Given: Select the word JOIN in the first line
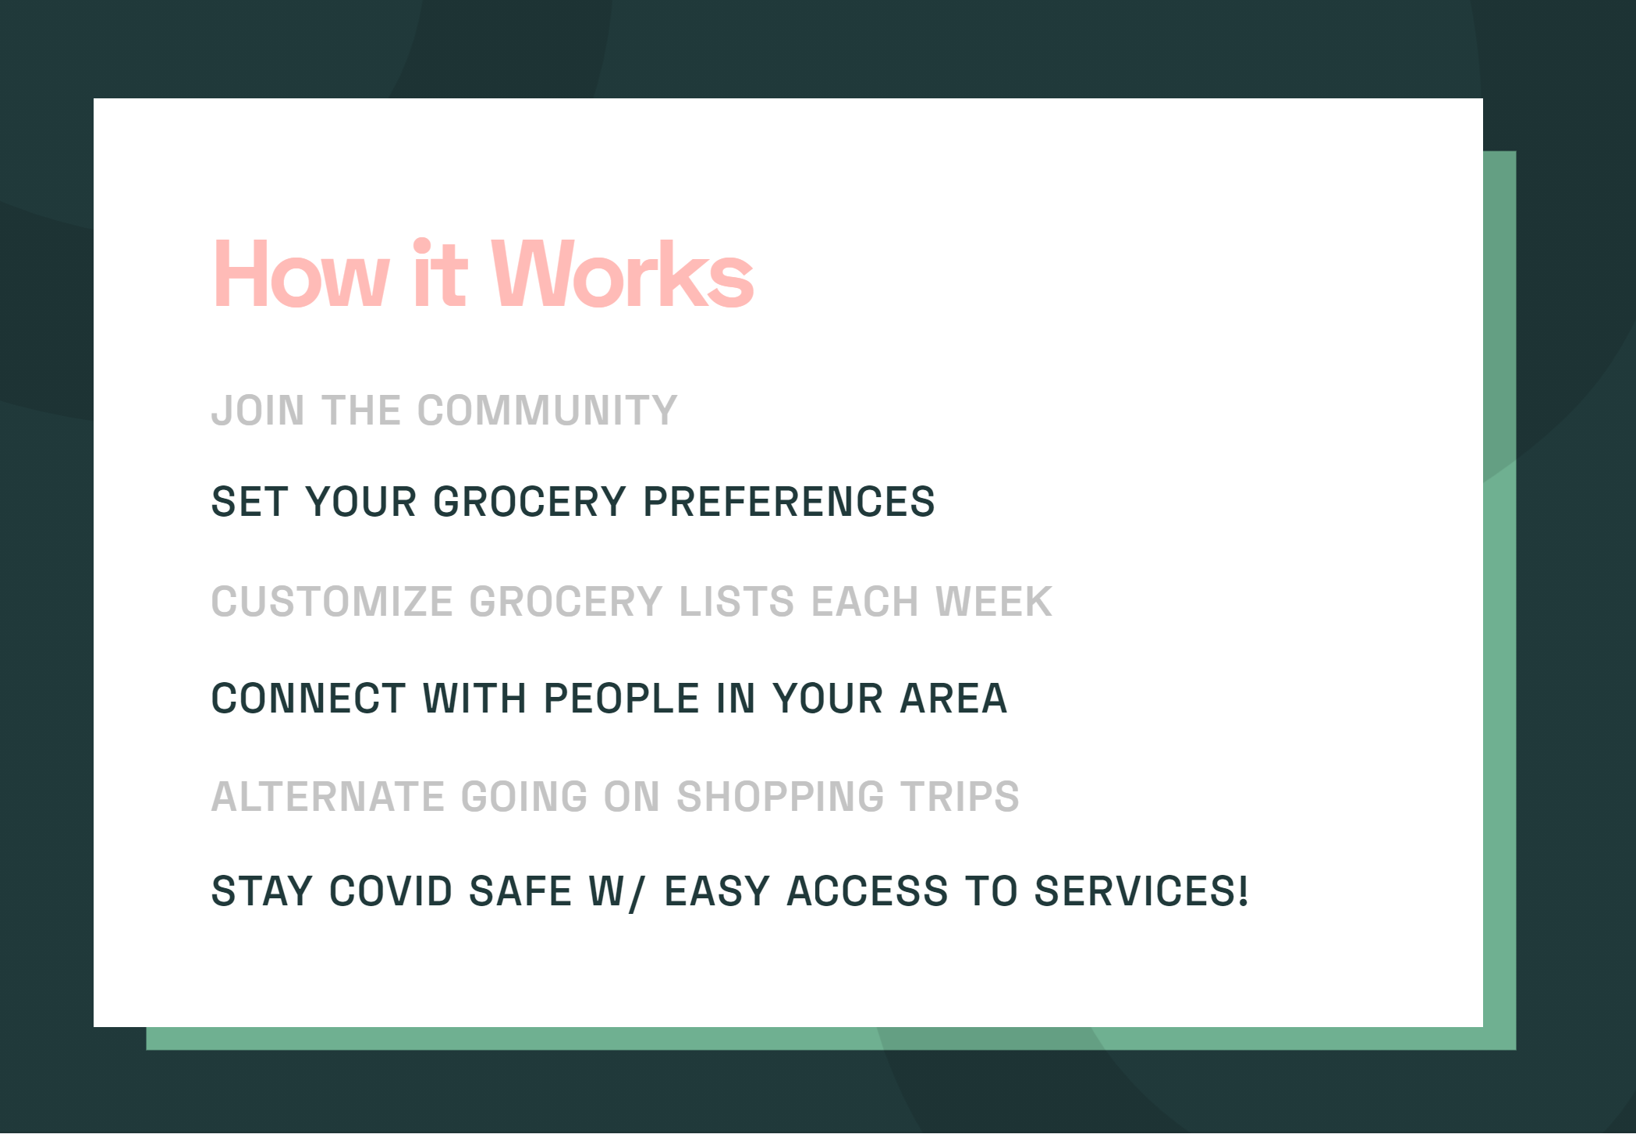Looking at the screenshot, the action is (x=258, y=411).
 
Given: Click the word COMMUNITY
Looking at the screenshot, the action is (x=548, y=411).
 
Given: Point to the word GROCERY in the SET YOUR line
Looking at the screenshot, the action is (x=530, y=502).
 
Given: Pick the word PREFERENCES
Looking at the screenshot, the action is (x=789, y=502).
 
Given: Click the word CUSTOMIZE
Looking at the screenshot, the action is (x=332, y=602).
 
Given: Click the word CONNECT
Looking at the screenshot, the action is (x=308, y=699).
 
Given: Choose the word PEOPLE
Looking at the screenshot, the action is (x=621, y=699).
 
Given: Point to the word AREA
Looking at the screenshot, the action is (x=953, y=699).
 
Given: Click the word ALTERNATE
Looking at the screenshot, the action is (x=328, y=797).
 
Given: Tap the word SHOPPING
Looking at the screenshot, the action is (x=781, y=797).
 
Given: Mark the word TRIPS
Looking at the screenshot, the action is (x=960, y=797).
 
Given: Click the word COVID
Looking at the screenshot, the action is (x=391, y=891).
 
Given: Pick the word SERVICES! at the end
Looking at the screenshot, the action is (x=1141, y=891).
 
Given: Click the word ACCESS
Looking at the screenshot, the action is (x=868, y=891).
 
